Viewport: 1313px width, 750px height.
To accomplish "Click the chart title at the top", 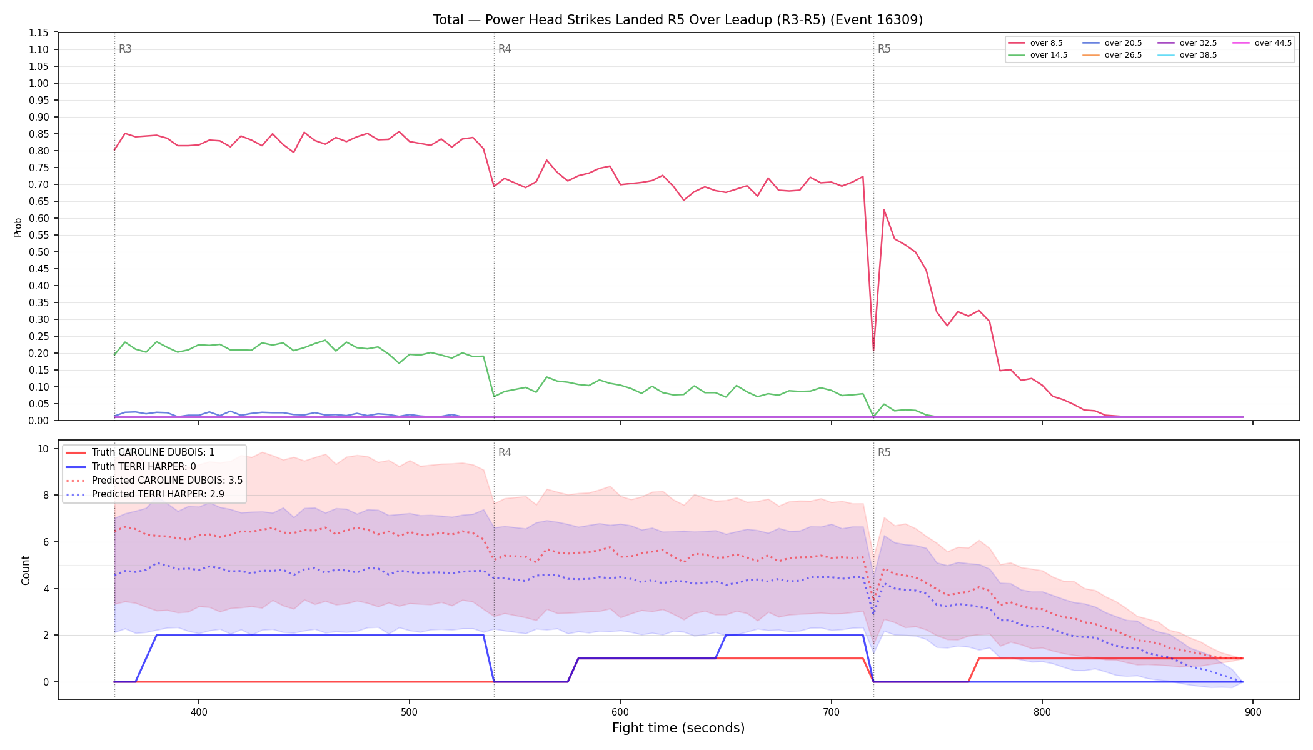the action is [x=678, y=20].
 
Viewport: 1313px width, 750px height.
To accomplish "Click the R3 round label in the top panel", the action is [x=125, y=49].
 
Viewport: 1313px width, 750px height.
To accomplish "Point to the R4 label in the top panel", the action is [x=505, y=49].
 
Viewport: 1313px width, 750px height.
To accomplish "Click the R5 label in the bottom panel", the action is [x=884, y=452].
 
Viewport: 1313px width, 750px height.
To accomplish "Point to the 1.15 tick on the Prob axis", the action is [x=39, y=32].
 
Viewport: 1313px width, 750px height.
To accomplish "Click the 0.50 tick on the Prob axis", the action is [x=39, y=252].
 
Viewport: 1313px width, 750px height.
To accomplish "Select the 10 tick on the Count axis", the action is [x=43, y=449].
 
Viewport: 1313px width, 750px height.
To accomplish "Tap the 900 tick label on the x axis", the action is [x=1253, y=712].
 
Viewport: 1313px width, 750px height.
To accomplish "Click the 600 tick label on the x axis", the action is [x=620, y=712].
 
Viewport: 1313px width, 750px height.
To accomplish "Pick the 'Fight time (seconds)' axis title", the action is [x=678, y=728].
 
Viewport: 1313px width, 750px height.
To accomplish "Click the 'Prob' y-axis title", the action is [x=18, y=227].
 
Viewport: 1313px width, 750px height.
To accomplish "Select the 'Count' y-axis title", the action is [x=26, y=570].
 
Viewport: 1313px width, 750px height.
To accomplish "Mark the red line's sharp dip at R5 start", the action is [x=873, y=350].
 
